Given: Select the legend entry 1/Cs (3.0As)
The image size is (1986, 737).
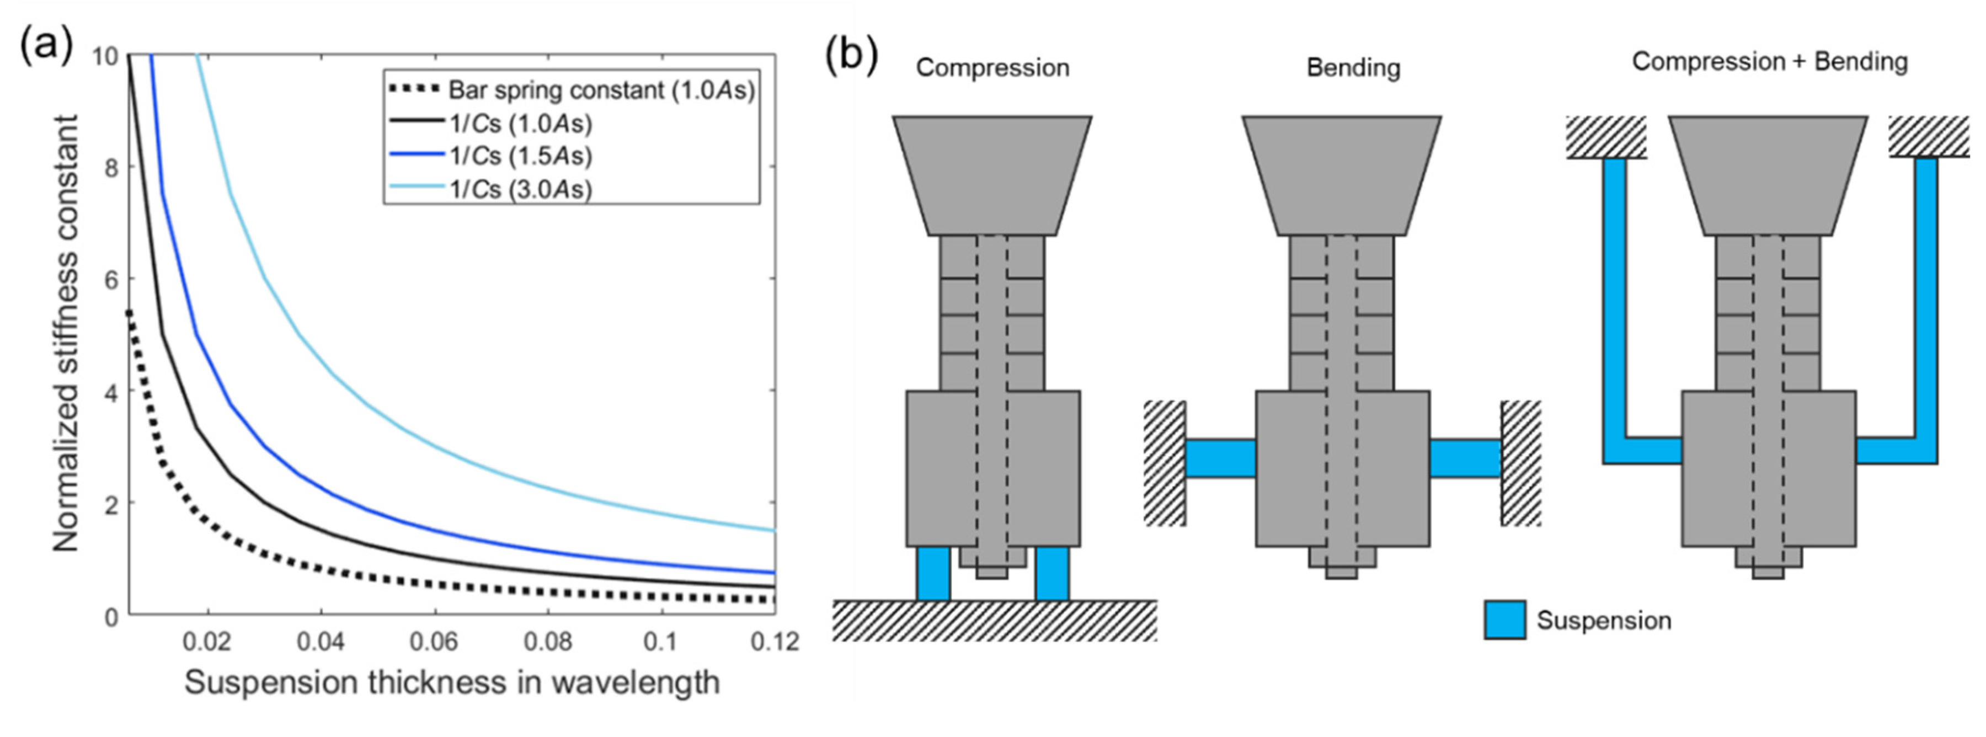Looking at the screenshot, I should [x=520, y=189].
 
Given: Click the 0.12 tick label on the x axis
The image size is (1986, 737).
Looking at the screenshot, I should [x=774, y=642].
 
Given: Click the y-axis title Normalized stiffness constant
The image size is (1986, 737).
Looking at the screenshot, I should [x=66, y=333].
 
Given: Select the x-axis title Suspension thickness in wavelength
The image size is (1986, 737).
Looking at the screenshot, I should [x=452, y=683].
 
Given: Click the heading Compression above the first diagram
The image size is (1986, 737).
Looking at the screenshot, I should [x=992, y=68].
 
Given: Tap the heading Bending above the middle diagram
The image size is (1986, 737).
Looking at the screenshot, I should [x=1353, y=68].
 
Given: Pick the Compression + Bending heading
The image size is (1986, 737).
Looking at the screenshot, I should [x=1769, y=62].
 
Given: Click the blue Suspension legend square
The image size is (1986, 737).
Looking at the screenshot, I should [x=1504, y=620].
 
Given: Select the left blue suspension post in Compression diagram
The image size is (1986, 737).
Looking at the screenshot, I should [x=933, y=573].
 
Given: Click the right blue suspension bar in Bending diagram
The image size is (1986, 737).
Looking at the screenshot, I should [x=1465, y=458].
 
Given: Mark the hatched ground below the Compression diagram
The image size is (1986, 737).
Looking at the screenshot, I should [x=995, y=621].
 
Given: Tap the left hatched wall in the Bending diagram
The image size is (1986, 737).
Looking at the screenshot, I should [x=1164, y=462].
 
